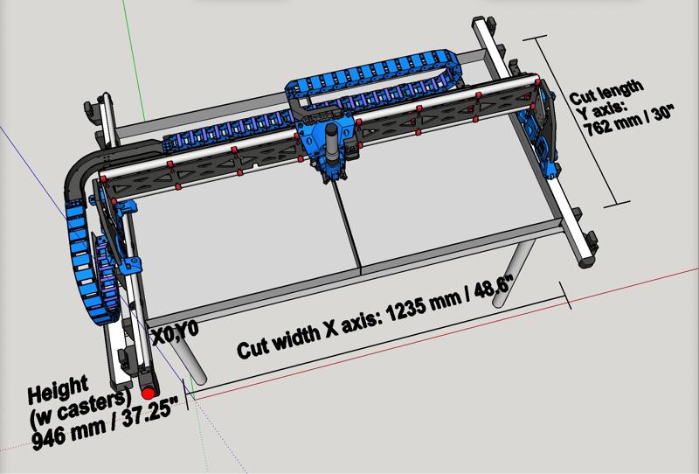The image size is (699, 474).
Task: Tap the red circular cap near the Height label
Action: (148, 394)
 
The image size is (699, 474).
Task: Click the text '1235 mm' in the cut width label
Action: (424, 307)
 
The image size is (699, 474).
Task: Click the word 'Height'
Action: (58, 389)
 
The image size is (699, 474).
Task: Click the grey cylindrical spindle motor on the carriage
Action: (332, 144)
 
